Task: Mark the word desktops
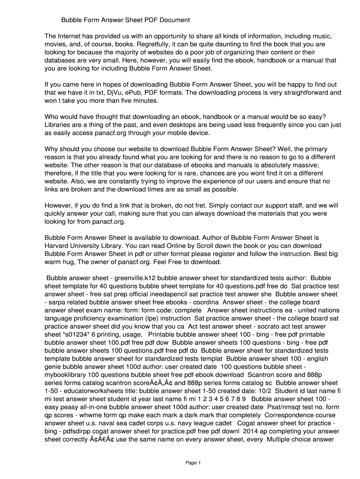[195, 125]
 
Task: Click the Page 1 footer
[193, 463]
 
